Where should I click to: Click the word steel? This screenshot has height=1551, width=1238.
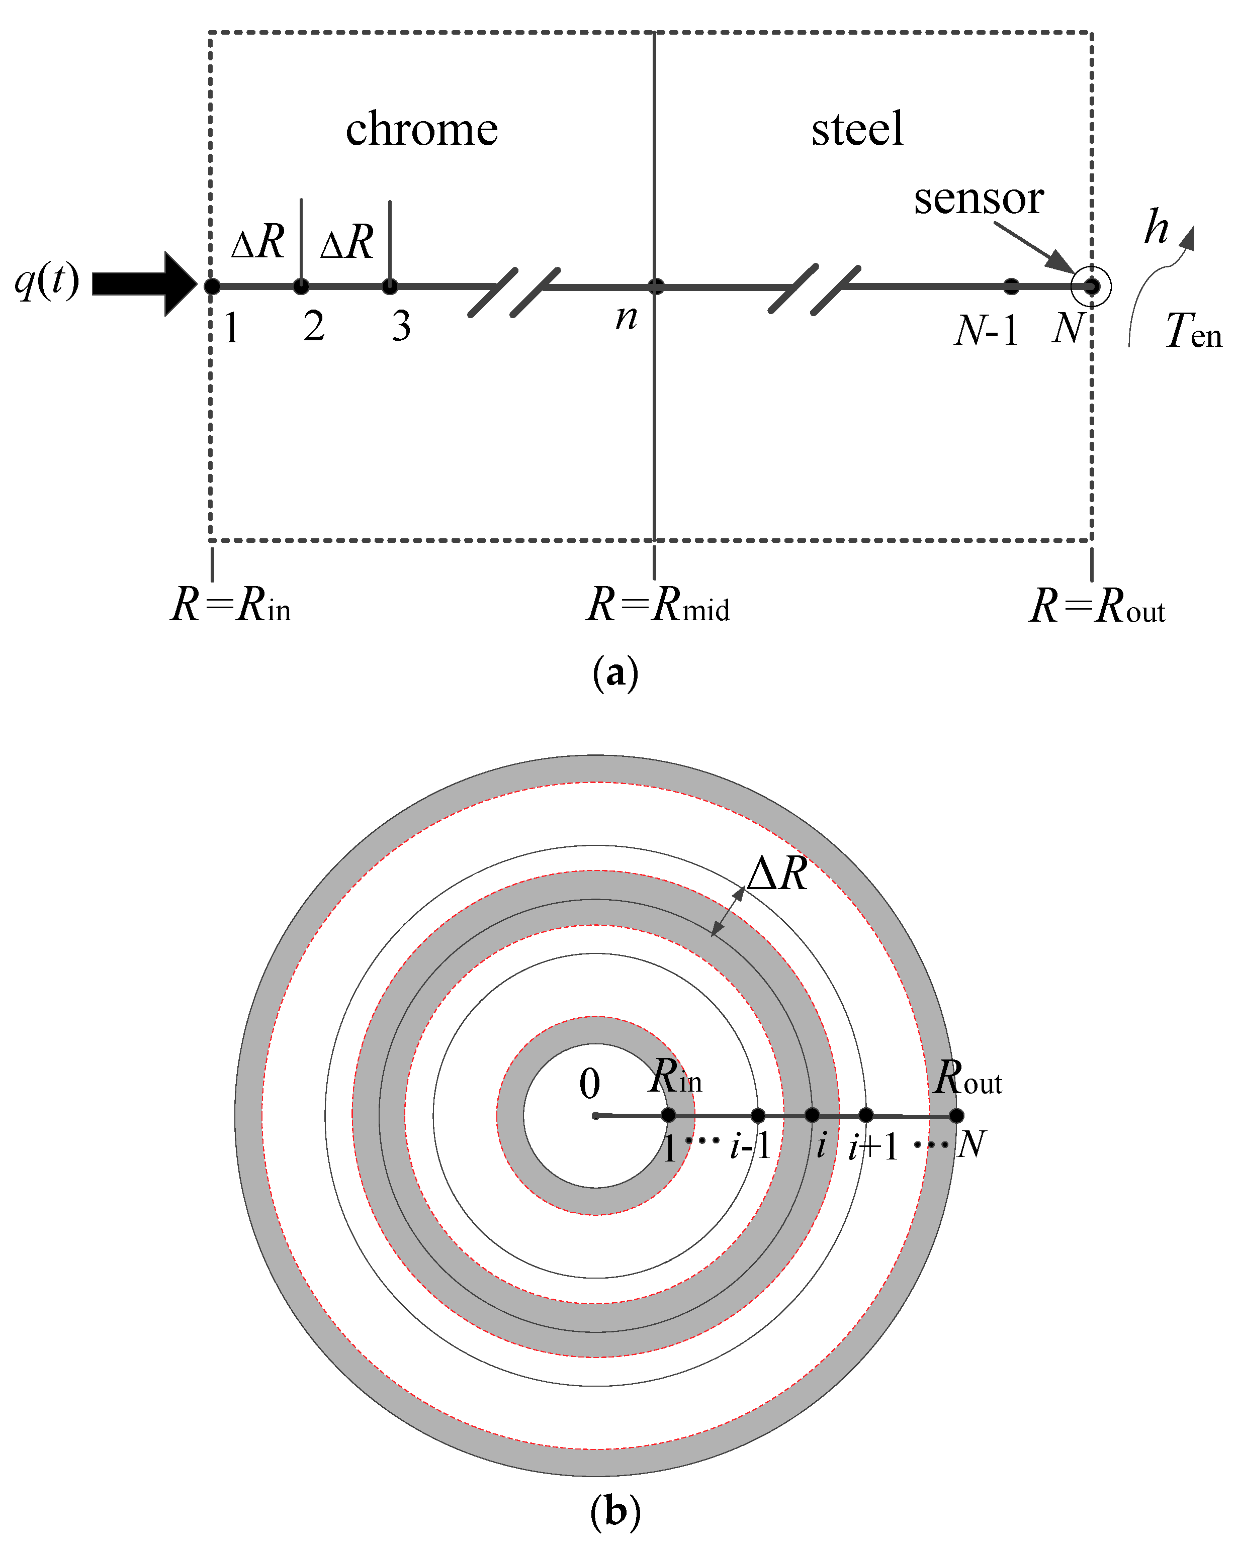[856, 130]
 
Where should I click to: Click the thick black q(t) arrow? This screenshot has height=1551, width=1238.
[144, 284]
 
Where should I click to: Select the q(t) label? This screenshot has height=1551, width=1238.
[47, 280]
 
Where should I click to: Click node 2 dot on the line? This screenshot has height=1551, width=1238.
[301, 287]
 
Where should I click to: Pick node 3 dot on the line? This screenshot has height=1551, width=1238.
[389, 287]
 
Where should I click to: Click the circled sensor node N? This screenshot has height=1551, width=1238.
[1091, 286]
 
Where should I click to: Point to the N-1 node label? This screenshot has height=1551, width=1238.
[986, 331]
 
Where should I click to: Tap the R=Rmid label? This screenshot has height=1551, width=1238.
[658, 605]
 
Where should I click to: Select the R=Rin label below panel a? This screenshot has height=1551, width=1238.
[230, 605]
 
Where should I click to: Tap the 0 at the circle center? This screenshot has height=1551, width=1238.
[589, 1085]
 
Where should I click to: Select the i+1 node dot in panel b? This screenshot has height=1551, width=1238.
[866, 1116]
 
